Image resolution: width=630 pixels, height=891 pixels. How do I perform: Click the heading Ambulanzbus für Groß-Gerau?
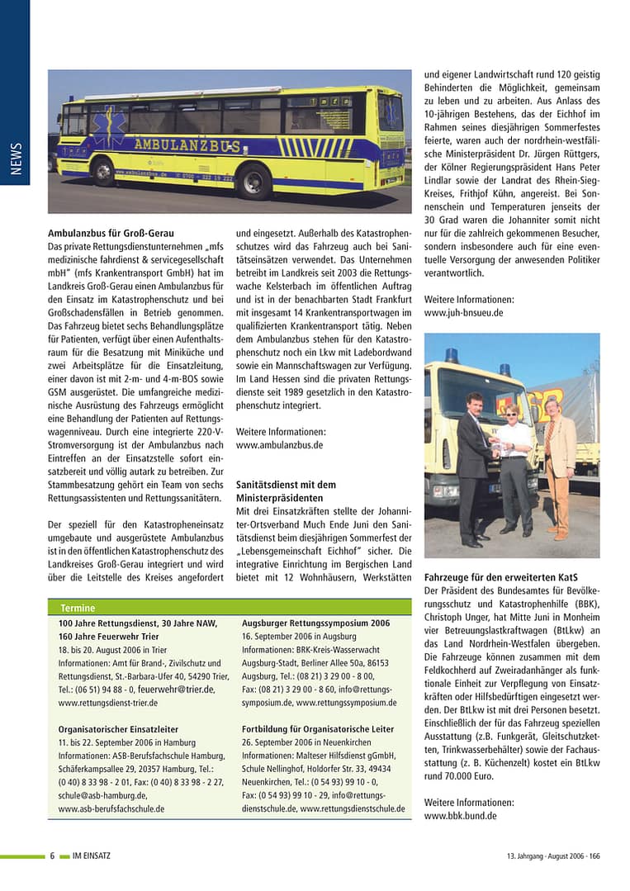pyautogui.click(x=111, y=234)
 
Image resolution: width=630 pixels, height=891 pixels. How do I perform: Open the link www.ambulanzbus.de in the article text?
pyautogui.click(x=279, y=444)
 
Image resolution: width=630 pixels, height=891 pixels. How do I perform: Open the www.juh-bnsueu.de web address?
pyautogui.click(x=463, y=313)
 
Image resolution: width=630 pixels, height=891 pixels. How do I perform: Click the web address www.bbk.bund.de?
pyautogui.click(x=460, y=816)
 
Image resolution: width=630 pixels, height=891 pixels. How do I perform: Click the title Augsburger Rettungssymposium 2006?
pyautogui.click(x=315, y=623)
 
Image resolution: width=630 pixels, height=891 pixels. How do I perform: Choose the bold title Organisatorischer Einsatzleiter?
pyautogui.click(x=118, y=729)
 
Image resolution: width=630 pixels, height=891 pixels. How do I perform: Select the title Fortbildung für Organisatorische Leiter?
pyautogui.click(x=318, y=729)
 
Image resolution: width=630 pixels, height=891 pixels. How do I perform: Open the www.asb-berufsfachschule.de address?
pyautogui.click(x=111, y=808)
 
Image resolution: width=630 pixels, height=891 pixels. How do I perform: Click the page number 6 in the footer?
pyautogui.click(x=52, y=855)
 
